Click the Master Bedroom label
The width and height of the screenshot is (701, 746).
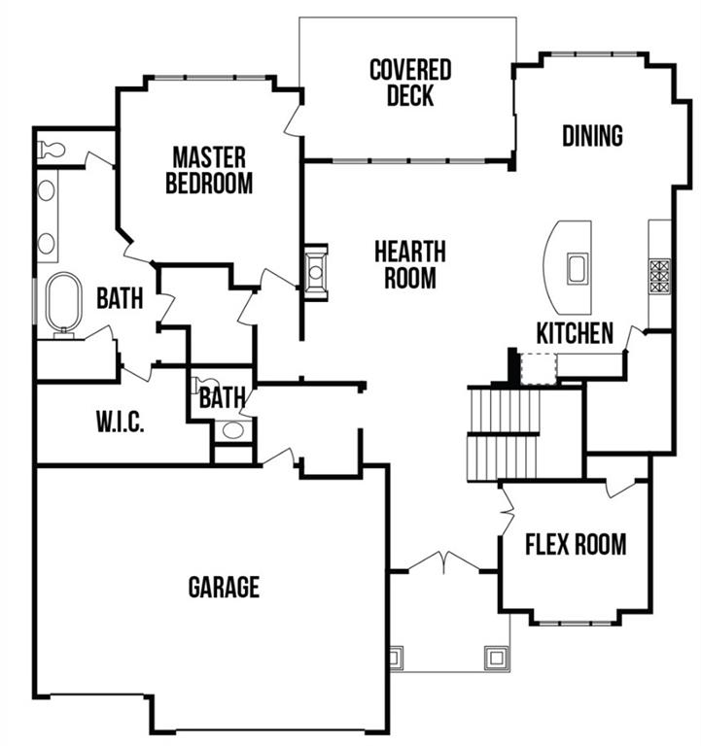click(209, 170)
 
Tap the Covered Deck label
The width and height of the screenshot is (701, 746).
click(409, 83)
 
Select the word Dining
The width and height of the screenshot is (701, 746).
click(592, 135)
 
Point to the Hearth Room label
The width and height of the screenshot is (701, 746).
click(409, 264)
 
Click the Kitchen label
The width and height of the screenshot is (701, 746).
click(575, 333)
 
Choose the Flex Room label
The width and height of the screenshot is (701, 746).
click(576, 543)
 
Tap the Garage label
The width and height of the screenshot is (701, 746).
click(224, 587)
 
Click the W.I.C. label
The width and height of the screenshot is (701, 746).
click(121, 423)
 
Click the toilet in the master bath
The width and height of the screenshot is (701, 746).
click(51, 151)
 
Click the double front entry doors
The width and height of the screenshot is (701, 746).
click(443, 561)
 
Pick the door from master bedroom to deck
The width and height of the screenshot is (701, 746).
click(292, 119)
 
